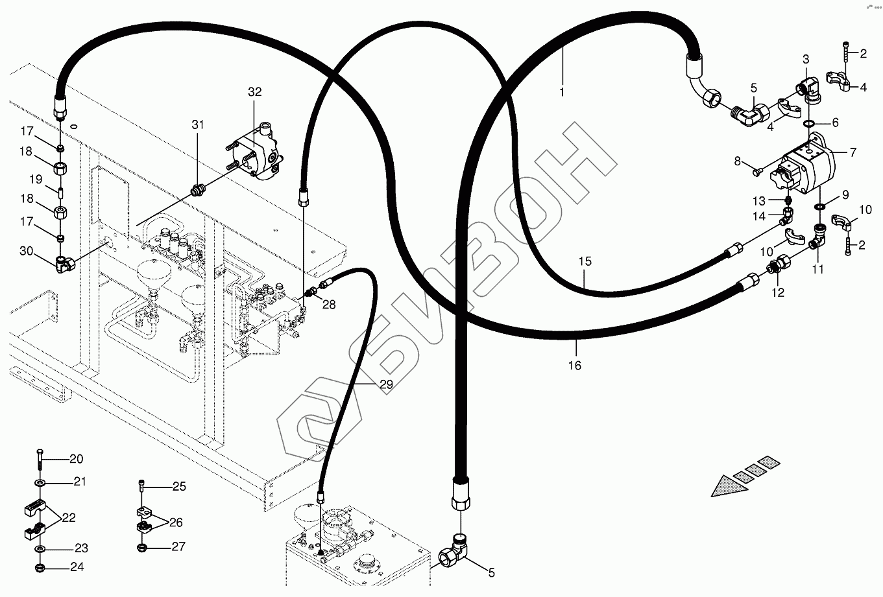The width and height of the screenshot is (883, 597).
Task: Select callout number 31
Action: tap(197, 124)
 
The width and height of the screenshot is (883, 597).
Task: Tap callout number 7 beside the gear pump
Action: tap(853, 152)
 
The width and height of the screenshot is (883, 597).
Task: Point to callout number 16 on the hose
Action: tap(575, 366)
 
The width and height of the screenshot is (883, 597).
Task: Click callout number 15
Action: tap(585, 262)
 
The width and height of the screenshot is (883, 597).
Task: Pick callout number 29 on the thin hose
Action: tap(386, 384)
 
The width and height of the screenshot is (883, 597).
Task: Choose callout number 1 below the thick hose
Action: tap(562, 92)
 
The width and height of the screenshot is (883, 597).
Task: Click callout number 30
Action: tap(26, 251)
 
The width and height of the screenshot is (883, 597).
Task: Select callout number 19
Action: tap(36, 178)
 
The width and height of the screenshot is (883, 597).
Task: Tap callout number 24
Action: tap(77, 567)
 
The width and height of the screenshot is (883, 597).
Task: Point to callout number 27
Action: tap(178, 547)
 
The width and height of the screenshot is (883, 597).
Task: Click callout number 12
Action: tap(778, 292)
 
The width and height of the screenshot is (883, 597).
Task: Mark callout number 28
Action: tap(329, 304)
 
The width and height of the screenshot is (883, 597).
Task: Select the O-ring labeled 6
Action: tap(810, 123)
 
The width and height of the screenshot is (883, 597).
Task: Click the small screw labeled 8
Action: tap(757, 172)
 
